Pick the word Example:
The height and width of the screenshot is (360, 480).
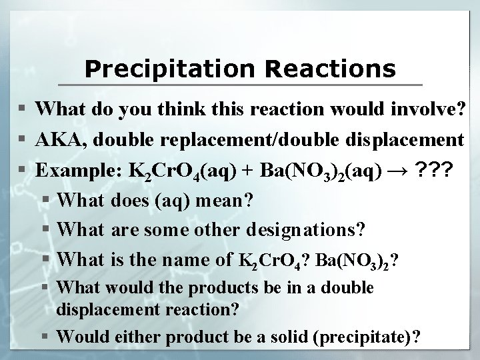click(x=75, y=170)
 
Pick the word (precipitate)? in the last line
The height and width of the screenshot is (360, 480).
click(x=369, y=336)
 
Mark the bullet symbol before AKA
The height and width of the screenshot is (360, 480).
click(x=23, y=140)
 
